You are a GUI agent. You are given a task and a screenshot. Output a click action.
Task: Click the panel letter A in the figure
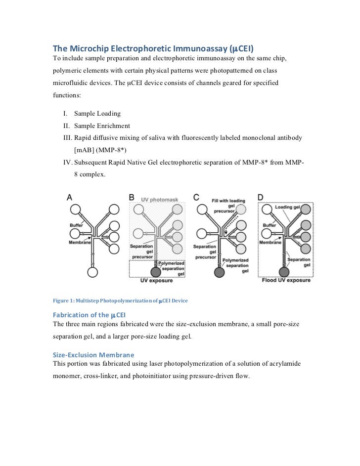[70, 197]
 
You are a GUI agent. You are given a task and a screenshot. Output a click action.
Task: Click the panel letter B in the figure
[132, 197]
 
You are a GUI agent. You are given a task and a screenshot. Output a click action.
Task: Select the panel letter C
[196, 197]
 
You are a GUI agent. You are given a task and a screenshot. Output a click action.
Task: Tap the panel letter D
[260, 197]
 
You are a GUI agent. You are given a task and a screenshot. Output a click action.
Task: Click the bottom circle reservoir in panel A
[92, 272]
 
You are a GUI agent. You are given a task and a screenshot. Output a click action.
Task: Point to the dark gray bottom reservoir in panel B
[156, 272]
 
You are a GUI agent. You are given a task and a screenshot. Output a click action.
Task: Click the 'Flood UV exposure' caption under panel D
[285, 281]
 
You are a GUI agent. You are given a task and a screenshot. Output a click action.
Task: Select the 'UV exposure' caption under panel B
[156, 281]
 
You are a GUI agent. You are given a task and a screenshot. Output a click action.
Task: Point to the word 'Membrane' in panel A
[80, 243]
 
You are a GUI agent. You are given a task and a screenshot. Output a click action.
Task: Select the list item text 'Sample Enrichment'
[102, 126]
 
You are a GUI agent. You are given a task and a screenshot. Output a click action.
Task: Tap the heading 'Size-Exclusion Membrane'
[93, 355]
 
